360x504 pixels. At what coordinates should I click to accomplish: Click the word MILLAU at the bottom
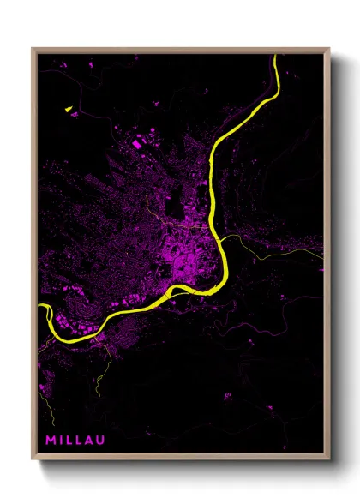tap(75, 441)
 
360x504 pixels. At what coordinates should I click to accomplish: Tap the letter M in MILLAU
tap(51, 441)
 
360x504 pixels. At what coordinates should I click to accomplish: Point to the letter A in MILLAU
tap(89, 441)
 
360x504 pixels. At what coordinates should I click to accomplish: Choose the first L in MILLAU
tap(69, 441)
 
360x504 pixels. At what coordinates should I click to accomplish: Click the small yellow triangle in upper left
tap(66, 109)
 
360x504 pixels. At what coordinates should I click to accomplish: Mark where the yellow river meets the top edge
tap(276, 56)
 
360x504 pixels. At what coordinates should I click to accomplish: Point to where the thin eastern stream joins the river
tap(225, 239)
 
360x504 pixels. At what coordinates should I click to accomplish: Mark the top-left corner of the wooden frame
tap(33, 50)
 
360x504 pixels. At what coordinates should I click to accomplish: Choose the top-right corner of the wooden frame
tap(329, 50)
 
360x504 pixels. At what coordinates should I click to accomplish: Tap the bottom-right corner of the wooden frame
tap(329, 459)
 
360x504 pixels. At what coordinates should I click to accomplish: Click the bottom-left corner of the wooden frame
tap(33, 459)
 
